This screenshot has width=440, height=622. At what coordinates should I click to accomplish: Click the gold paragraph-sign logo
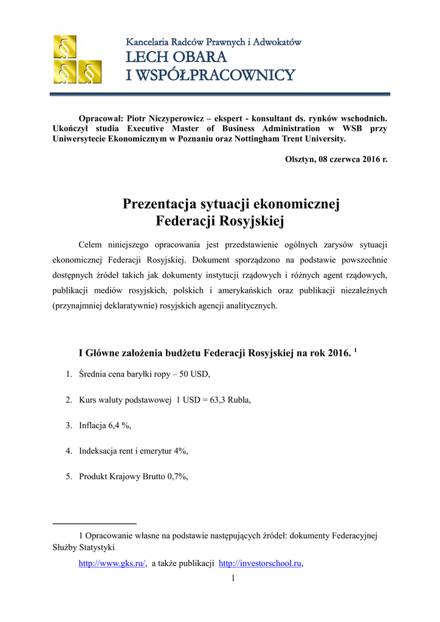pyautogui.click(x=77, y=60)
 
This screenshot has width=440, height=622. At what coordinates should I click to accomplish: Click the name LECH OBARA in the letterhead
pyautogui.click(x=176, y=58)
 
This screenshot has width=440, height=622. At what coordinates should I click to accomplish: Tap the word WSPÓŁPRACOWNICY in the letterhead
pyautogui.click(x=219, y=75)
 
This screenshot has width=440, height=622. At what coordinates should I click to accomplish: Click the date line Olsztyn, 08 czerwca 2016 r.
pyautogui.click(x=336, y=159)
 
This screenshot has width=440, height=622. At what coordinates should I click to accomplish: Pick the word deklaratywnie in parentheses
pyautogui.click(x=127, y=306)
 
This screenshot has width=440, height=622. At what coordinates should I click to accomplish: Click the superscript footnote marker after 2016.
pyautogui.click(x=355, y=349)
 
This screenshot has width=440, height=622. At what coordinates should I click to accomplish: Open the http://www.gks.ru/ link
pyautogui.click(x=112, y=564)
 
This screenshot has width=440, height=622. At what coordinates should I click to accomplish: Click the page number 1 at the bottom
pyautogui.click(x=233, y=578)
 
